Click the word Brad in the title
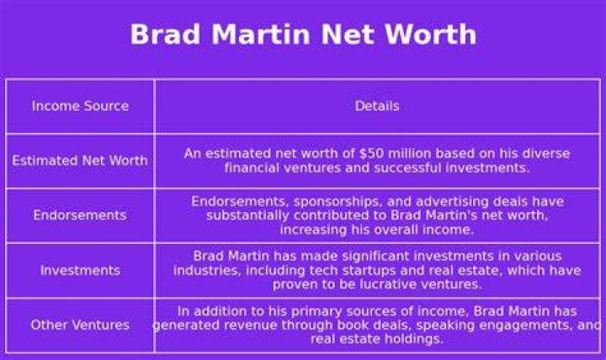[x=165, y=34]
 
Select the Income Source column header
[x=81, y=106]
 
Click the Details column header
[x=377, y=106]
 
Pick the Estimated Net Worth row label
[x=80, y=161]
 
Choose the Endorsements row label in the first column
[x=80, y=215]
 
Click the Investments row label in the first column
[x=81, y=270]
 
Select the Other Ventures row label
[x=80, y=325]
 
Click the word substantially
[x=247, y=215]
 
